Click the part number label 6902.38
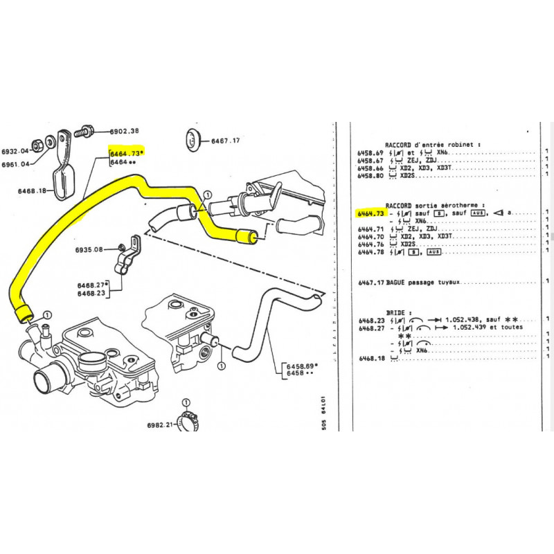click(125, 131)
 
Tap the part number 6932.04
click(15, 151)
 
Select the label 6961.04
click(15, 164)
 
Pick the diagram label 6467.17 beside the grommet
click(225, 141)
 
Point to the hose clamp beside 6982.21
click(187, 418)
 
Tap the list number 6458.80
click(370, 177)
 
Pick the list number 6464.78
click(370, 252)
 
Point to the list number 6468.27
click(370, 328)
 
